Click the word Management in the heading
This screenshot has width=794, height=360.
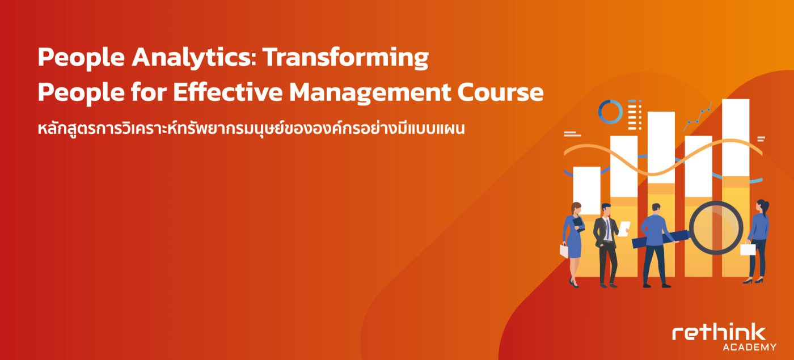tap(370, 92)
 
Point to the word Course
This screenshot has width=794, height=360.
tap(500, 92)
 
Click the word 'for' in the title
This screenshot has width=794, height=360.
tap(149, 92)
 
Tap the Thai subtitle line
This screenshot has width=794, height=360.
tap(251, 128)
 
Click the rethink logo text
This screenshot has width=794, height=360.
tap(719, 333)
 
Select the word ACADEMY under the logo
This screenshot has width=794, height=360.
tap(749, 347)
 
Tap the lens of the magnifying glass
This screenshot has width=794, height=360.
tap(716, 227)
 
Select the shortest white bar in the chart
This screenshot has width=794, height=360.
tap(586, 190)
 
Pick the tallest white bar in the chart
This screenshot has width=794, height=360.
tap(736, 137)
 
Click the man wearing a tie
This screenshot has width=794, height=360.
tap(608, 245)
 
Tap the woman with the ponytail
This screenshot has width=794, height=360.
tap(758, 242)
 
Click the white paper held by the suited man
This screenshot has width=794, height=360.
tap(624, 228)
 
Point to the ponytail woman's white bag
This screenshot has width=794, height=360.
tap(747, 249)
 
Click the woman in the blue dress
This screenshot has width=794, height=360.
tap(573, 244)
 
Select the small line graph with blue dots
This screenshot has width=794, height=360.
tap(697, 117)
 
